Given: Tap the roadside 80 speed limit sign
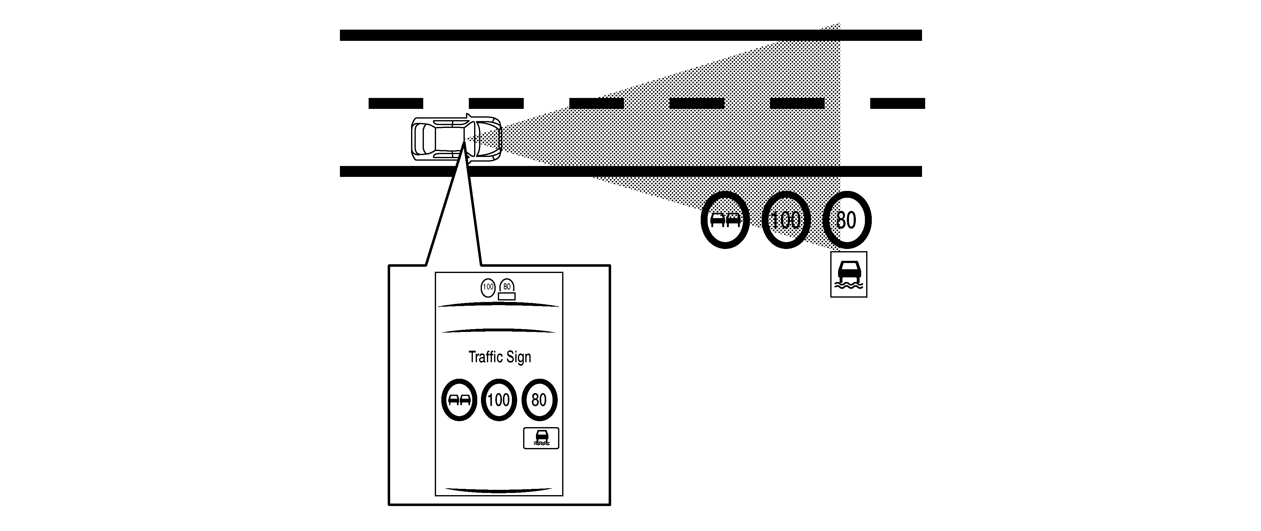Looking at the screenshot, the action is point(846,220).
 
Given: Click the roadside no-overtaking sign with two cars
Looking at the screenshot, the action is point(725,220).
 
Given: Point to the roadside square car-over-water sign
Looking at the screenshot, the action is point(849,274).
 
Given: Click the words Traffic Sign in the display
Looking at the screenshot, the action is point(499,357).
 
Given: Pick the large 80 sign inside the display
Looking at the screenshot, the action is point(539,400).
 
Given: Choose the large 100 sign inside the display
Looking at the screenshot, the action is point(499,400).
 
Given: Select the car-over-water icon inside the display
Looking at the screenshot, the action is point(541,438).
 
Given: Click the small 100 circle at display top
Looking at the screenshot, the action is point(488,287).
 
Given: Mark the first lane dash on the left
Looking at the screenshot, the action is point(395,103).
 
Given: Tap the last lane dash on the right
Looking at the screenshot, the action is point(897,103).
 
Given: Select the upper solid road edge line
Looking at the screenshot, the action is point(630,35).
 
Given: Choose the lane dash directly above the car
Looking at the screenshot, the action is point(496,103).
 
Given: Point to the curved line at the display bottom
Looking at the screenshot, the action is point(499,490).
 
